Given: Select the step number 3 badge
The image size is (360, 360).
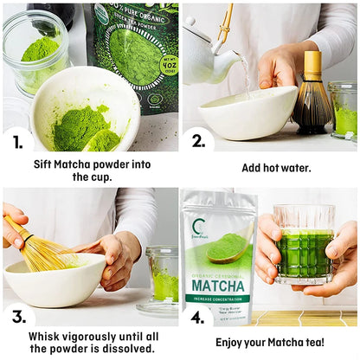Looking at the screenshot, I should click(x=18, y=317).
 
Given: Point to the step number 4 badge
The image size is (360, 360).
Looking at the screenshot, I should click(x=198, y=317).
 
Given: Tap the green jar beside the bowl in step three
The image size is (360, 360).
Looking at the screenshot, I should click(x=162, y=277).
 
